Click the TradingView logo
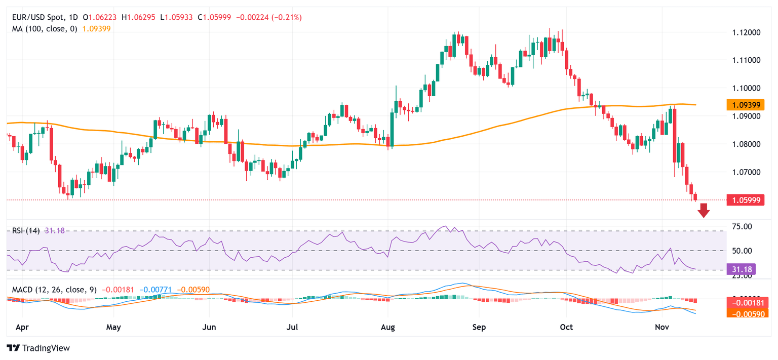(x=38, y=348)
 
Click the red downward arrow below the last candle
(x=704, y=210)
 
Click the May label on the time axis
(x=113, y=327)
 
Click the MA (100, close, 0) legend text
(x=45, y=29)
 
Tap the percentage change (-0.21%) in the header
(x=287, y=17)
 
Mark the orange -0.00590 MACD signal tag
(x=745, y=313)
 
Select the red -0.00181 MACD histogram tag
(x=745, y=303)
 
